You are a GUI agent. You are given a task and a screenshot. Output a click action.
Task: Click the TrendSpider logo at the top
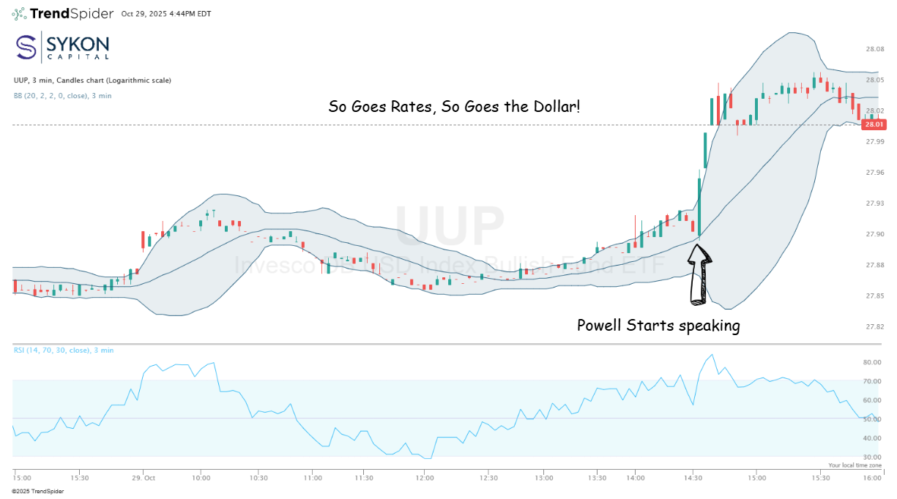point(62,13)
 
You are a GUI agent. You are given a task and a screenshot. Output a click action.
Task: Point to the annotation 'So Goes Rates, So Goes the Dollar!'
point(454,107)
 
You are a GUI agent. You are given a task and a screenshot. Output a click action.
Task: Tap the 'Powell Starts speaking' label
point(658,326)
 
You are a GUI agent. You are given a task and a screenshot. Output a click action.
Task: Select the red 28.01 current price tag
point(874,124)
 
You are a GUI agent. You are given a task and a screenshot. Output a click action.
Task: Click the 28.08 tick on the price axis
point(874,49)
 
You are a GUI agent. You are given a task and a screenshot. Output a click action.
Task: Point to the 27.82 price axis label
point(874,326)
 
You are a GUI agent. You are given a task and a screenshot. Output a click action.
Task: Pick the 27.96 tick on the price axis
point(874,173)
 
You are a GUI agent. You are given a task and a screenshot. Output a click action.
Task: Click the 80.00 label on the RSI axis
point(871,362)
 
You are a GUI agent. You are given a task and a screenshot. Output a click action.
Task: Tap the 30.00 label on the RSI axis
point(871,457)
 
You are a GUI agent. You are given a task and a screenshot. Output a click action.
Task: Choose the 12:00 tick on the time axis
point(424,478)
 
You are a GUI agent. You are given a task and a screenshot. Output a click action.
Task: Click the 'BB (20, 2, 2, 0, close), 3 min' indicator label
point(62,96)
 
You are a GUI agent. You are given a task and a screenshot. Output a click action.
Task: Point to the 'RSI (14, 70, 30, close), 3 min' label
point(64,350)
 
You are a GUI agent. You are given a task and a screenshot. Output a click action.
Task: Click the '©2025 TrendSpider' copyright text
point(37,491)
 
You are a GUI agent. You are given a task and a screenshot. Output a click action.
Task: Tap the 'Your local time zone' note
point(855,465)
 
